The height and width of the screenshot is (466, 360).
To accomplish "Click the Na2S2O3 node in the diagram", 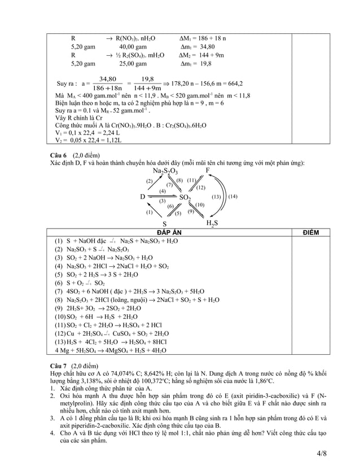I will [165, 172].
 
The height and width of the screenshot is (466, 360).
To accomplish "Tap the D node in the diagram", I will [143, 197].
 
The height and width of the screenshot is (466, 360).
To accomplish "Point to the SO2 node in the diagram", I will [185, 198].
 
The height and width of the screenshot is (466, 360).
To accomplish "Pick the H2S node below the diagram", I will [210, 224].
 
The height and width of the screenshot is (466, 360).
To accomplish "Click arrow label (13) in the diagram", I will [216, 196].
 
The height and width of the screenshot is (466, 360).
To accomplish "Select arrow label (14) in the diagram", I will [233, 196].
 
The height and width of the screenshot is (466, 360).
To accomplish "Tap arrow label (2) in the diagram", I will [150, 181].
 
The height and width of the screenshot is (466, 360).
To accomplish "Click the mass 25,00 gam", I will [133, 65].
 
